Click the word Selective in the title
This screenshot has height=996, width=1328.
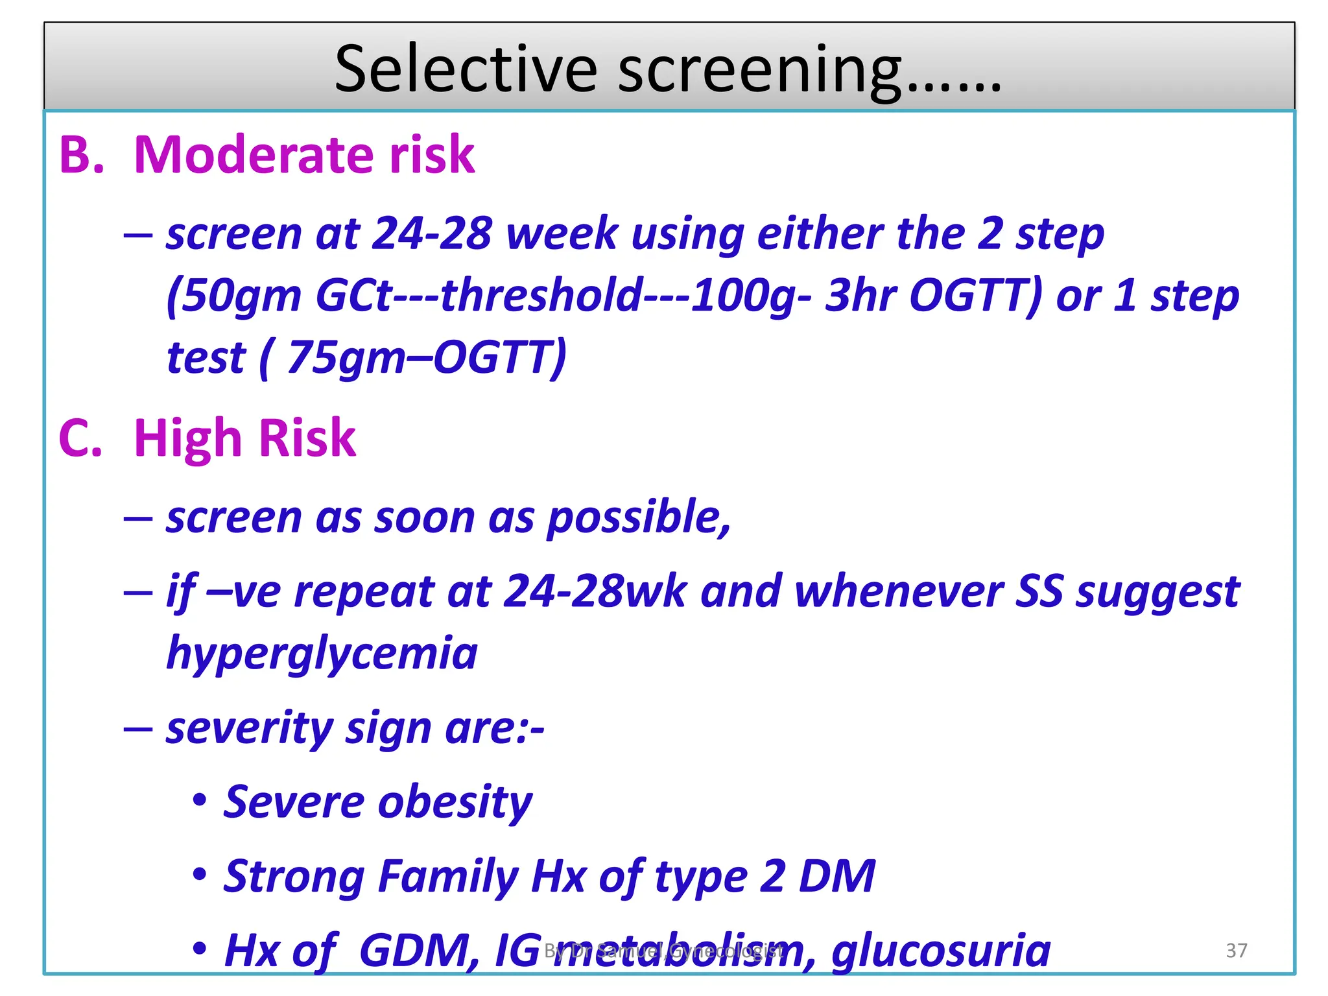465,69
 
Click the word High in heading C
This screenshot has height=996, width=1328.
187,438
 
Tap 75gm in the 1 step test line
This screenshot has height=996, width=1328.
337,357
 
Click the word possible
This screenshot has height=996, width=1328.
639,518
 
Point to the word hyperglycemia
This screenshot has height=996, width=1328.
322,654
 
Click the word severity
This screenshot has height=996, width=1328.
249,728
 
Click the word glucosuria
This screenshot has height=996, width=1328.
941,951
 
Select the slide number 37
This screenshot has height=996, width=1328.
1236,950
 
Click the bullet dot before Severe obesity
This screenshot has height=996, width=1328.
200,800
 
